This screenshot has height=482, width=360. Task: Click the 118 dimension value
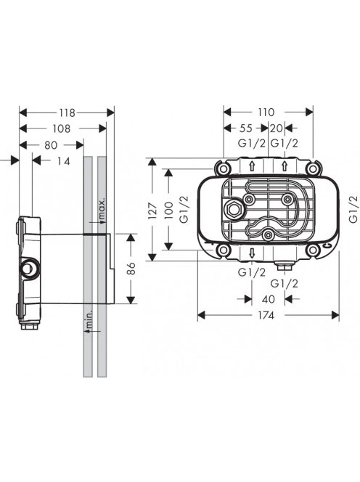coord(67,113)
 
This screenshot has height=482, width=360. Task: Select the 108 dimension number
coord(62,128)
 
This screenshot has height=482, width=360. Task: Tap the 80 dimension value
coord(51,144)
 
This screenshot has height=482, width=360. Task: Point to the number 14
coord(64,161)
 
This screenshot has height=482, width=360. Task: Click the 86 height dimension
coord(131,269)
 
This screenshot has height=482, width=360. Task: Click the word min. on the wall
coord(89,319)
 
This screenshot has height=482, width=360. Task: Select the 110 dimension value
coord(266,113)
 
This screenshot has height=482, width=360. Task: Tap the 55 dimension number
coord(245,128)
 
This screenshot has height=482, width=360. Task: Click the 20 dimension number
coord(276,128)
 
